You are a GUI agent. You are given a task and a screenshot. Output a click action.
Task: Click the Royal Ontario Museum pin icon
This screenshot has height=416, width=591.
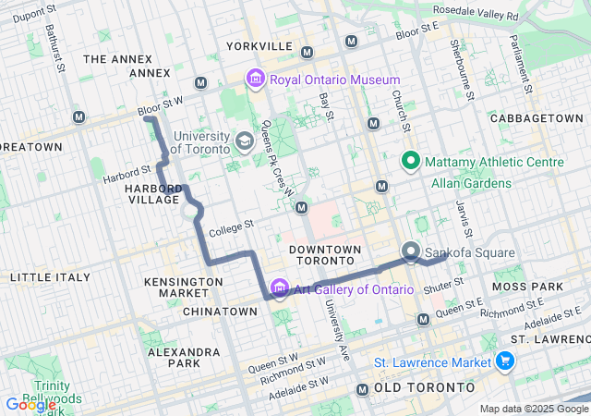coord(255,80)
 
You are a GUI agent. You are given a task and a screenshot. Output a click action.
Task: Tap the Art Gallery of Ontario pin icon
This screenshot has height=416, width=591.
coord(280,289)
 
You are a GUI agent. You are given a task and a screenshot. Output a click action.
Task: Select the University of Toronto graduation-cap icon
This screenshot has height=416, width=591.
coord(245,141)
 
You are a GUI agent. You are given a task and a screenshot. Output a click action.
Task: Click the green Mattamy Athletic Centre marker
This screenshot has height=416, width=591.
coord(411,162)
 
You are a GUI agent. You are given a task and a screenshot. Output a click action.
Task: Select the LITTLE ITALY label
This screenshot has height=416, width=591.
coord(50,277)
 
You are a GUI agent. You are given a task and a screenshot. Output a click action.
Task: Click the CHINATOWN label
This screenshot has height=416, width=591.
coord(220,312)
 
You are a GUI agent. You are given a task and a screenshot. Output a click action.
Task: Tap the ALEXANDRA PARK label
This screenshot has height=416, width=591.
coord(183,358)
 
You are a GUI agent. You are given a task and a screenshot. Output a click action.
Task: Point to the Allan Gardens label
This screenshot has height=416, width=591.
coord(471,183)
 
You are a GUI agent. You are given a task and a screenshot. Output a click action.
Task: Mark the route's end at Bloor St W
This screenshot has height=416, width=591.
coord(147,119)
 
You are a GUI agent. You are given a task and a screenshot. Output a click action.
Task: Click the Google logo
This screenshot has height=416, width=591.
coord(30,405)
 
